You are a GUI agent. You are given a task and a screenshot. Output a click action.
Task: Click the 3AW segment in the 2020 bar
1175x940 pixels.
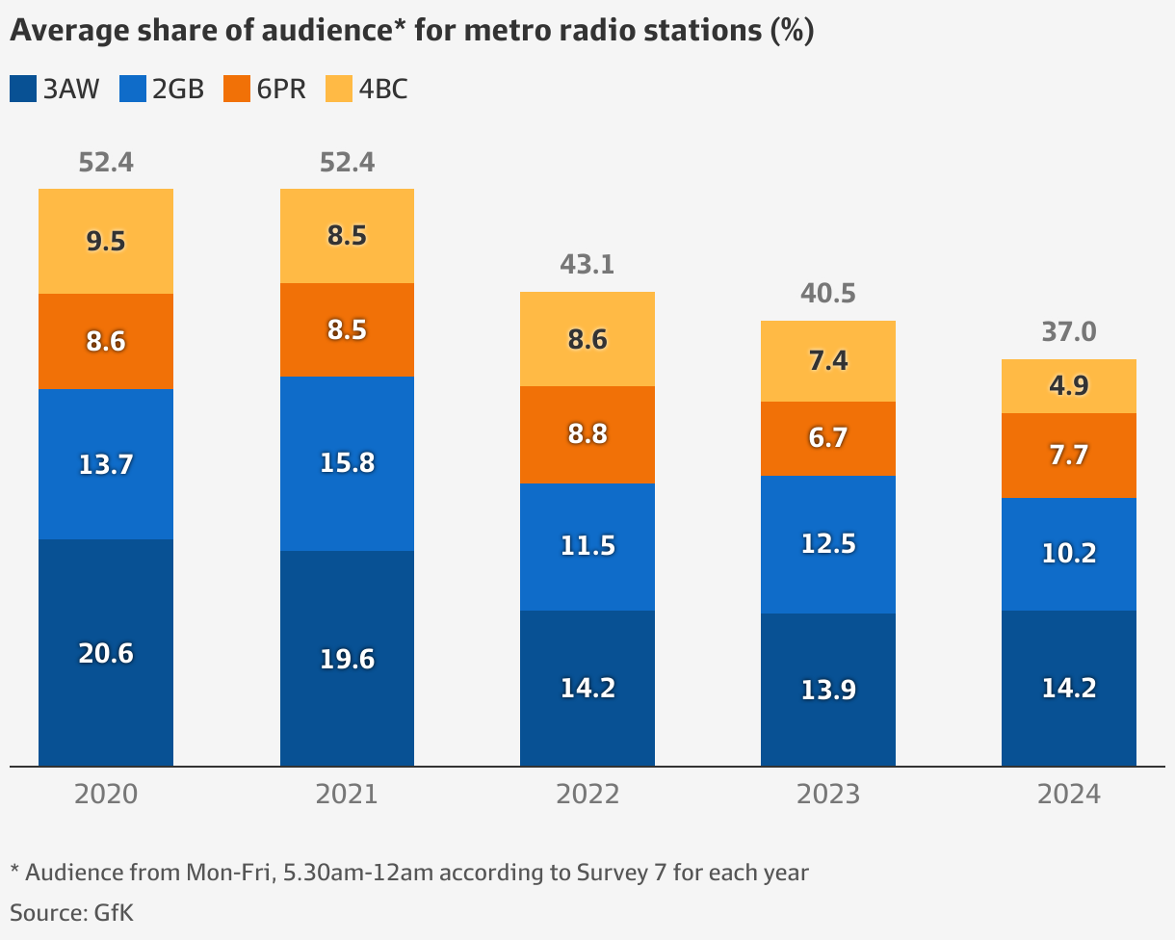click(106, 652)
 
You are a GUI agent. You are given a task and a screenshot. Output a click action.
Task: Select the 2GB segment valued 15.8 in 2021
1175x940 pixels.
click(347, 463)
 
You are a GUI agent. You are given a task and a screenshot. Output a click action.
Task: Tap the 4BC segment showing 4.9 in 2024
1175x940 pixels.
click(1069, 386)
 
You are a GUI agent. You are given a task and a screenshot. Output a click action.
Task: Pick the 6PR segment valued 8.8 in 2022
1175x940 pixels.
click(587, 434)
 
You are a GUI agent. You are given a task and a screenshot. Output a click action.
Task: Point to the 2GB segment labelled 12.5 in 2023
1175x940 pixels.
click(828, 544)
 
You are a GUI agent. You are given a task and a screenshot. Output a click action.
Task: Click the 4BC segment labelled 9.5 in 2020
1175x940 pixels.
click(106, 241)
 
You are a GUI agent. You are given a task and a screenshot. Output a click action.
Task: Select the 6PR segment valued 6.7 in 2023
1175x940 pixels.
click(828, 438)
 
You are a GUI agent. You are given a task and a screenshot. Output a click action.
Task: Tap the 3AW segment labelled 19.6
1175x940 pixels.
click(347, 659)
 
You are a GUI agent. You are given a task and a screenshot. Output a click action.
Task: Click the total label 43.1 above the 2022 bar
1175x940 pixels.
click(587, 264)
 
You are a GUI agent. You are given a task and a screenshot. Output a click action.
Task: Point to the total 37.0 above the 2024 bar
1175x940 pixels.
click(1069, 332)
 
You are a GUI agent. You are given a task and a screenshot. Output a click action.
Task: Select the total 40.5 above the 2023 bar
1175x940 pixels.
click(828, 293)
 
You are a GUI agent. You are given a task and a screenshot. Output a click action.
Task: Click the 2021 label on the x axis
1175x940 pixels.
click(347, 795)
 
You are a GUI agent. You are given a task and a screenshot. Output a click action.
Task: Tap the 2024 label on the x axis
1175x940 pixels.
click(1069, 795)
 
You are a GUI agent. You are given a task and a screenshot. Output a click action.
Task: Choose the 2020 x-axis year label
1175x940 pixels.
click(106, 795)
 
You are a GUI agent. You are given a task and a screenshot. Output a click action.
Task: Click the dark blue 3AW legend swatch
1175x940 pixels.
click(23, 90)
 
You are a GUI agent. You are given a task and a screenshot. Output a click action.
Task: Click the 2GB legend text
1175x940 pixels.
click(178, 90)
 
